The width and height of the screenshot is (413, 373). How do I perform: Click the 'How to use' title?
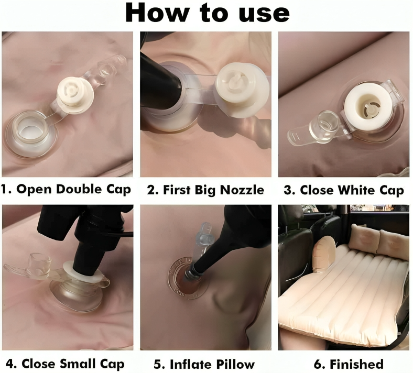(208, 13)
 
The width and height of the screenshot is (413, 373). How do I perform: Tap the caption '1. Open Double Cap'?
(66, 189)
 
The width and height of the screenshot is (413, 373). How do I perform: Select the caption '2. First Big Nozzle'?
(205, 190)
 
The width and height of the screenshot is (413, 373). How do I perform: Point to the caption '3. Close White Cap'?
(344, 190)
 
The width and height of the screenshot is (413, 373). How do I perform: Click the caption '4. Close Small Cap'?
(65, 364)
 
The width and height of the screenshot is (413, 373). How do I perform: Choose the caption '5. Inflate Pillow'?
(204, 364)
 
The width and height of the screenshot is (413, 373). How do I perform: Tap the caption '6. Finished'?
(349, 364)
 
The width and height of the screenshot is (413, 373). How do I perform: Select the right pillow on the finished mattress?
(392, 243)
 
